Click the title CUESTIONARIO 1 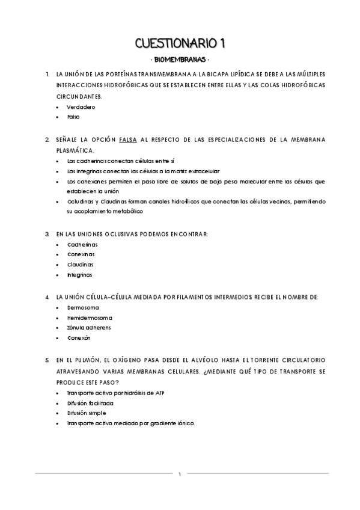(x=180, y=43)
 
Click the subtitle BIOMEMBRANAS (x=180, y=60)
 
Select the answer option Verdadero (x=81, y=106)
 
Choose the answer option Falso (x=73, y=117)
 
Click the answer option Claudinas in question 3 (x=81, y=264)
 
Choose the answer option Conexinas (x=82, y=254)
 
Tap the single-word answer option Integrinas (x=80, y=275)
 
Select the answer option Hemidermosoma (x=90, y=318)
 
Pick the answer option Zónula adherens (x=89, y=328)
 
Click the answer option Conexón (x=79, y=338)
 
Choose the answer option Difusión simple (x=87, y=413)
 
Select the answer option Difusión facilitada (x=90, y=403)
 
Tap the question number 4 (x=47, y=296)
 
